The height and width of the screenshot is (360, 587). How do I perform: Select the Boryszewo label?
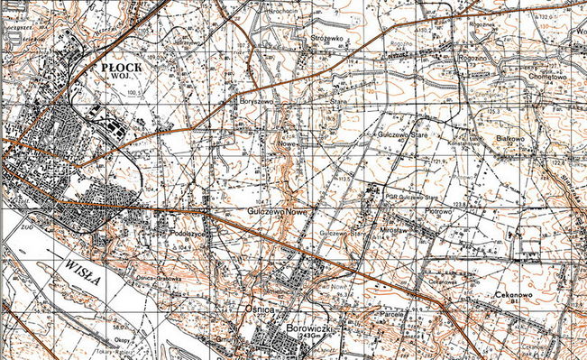coord(255,102)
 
